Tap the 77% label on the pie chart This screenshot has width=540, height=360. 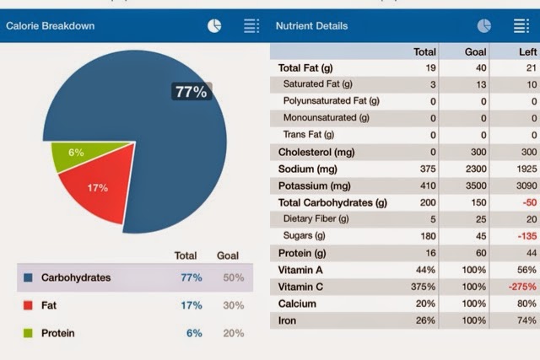point(191,92)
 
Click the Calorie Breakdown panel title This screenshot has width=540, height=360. point(51,26)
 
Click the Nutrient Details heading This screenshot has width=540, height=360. point(310,26)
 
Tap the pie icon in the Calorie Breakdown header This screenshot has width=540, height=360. point(215,26)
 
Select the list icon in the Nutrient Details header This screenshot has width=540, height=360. point(521,26)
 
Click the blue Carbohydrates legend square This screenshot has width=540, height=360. point(29,277)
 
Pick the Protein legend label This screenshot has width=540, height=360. point(58,333)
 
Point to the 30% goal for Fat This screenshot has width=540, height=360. point(234,305)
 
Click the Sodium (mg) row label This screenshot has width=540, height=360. point(308,169)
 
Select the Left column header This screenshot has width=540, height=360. point(527,51)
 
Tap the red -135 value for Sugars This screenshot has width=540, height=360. point(526,236)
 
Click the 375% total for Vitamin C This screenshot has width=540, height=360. point(422,287)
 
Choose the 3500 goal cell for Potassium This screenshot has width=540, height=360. point(474,185)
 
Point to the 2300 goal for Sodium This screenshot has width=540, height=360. point(474,169)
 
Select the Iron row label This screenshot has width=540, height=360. point(288,320)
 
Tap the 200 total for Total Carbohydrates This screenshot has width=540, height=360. point(427,202)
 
